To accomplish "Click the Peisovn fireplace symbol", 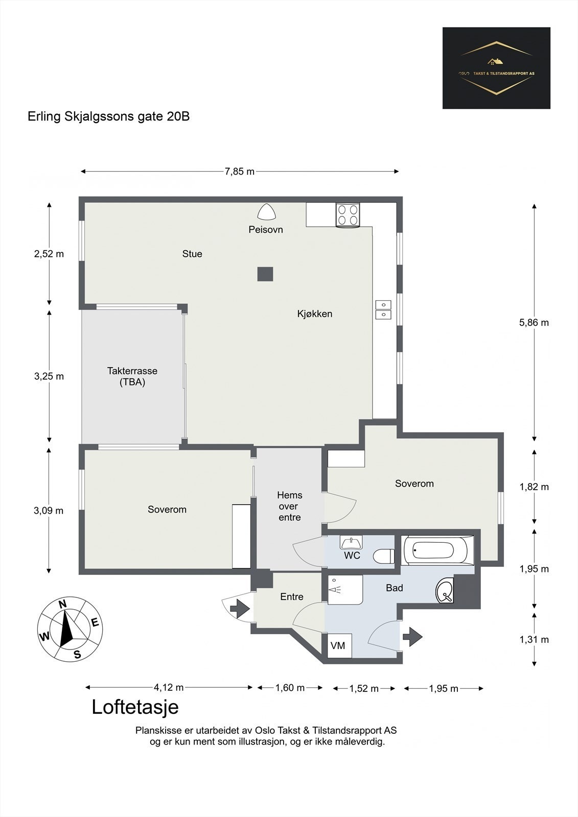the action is (267, 211).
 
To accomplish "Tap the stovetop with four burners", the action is (348, 215).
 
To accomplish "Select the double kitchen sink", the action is (383, 309).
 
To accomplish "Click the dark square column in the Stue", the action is (265, 274).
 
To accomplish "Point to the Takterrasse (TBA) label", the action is (132, 376).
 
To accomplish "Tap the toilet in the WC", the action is (384, 556).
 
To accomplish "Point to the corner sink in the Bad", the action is (445, 590).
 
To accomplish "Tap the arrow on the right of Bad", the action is (412, 637).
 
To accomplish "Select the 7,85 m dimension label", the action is (240, 172).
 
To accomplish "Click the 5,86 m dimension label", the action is (534, 322).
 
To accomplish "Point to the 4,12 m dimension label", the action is (169, 687).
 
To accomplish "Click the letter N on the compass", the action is (63, 605).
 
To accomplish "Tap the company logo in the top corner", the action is (496, 68).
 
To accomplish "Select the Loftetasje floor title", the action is (135, 707).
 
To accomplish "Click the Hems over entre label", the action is (290, 506).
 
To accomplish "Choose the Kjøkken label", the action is (315, 314).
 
